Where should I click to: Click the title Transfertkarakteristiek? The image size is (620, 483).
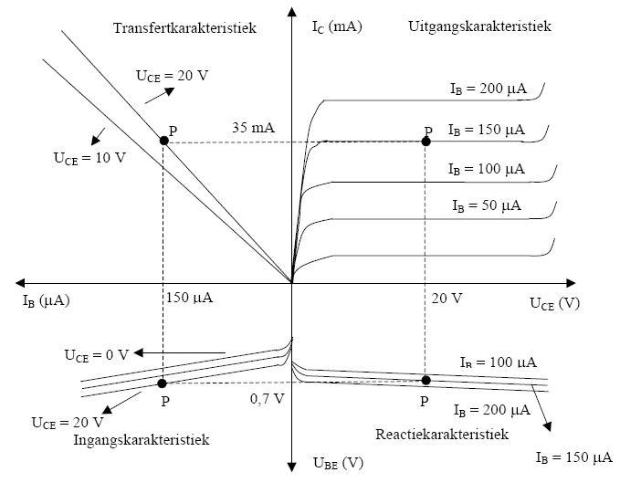(x=184, y=28)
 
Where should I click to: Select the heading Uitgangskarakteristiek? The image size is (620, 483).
(x=478, y=26)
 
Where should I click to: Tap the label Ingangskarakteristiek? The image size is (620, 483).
(x=142, y=439)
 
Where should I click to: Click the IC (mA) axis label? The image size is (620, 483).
(x=336, y=26)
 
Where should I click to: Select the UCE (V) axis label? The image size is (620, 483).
(x=554, y=302)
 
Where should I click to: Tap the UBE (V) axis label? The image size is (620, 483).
(x=337, y=464)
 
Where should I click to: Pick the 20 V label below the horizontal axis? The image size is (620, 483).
(x=447, y=298)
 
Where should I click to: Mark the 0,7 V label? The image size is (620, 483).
(x=268, y=398)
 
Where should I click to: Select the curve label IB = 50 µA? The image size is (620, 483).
(x=487, y=205)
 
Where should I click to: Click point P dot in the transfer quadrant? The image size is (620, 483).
(x=163, y=140)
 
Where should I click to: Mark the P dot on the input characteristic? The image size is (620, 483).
(x=163, y=383)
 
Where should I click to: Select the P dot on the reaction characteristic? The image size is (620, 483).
(x=426, y=380)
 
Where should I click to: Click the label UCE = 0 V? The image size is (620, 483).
(x=97, y=353)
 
